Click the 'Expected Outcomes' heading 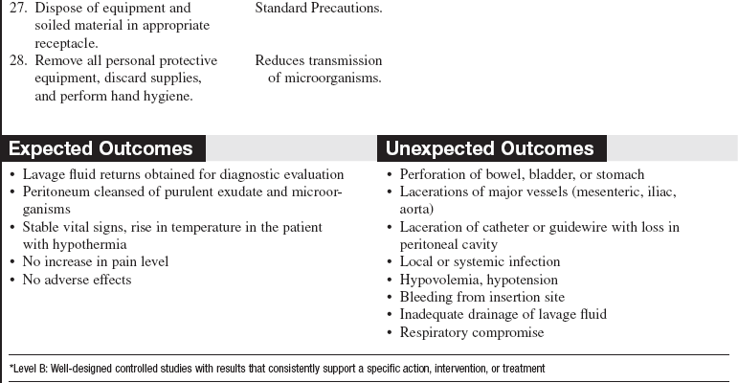[x=101, y=148]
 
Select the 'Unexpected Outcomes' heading [x=489, y=148]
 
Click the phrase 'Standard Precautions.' [x=318, y=8]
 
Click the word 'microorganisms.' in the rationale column [x=324, y=78]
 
